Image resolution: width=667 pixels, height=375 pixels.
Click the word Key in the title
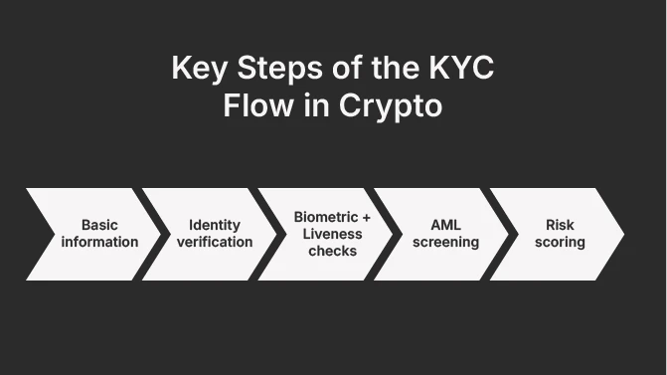tap(196, 70)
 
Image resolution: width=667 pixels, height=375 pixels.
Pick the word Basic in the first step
tap(99, 226)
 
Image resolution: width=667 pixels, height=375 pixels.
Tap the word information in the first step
tap(99, 242)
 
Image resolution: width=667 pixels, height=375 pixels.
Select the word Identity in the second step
tap(215, 226)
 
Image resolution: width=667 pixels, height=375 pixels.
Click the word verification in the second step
tap(215, 242)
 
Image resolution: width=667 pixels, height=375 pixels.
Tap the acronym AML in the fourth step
tap(446, 226)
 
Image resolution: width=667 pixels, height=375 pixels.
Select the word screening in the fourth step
tap(446, 242)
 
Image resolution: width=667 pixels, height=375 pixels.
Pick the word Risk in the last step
tap(560, 226)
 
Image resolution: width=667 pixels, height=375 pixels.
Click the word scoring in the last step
tap(560, 242)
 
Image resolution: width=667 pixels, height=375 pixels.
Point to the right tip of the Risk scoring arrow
tap(622, 234)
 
